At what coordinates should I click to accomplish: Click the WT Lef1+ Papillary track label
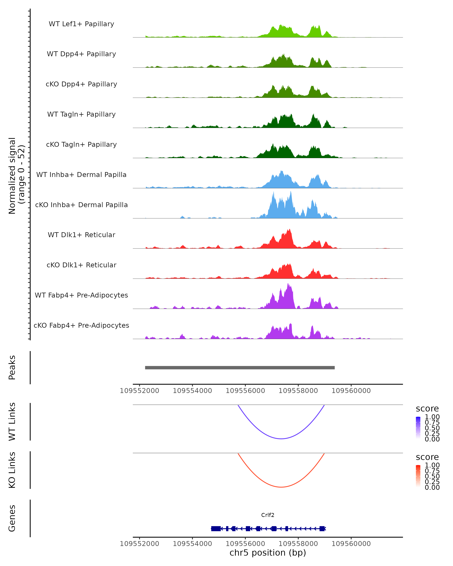pos(81,24)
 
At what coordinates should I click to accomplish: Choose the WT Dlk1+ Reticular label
pos(81,235)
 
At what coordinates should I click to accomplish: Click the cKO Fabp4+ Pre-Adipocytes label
pos(81,325)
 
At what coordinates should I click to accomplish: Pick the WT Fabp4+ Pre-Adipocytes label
pos(81,295)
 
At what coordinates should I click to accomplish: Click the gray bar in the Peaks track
pos(240,368)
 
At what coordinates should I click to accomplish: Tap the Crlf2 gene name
pos(268,515)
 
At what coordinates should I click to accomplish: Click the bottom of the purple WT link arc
pos(281,438)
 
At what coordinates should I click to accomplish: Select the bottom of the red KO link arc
pos(281,487)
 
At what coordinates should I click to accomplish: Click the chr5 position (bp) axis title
pos(268,553)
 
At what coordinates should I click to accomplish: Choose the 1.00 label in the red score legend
pos(432,465)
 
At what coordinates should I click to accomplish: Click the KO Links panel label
pos(12,470)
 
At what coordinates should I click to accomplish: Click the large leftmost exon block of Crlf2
pos(216,528)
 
